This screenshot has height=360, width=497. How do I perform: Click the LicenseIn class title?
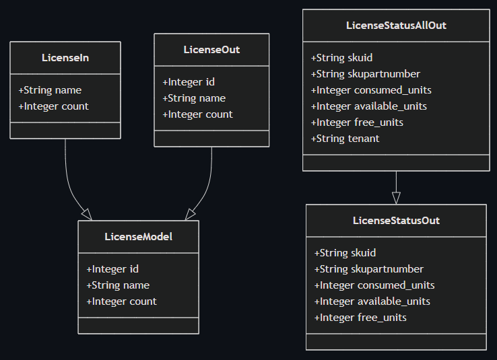point(65,58)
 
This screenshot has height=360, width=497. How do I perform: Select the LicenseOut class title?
point(211,50)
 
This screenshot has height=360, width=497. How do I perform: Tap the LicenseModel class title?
point(138,237)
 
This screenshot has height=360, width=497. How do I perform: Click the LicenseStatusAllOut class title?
point(396,26)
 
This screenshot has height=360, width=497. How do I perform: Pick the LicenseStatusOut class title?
point(396,221)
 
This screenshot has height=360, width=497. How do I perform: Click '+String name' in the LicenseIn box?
point(50,90)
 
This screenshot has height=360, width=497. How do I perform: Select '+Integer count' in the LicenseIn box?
point(53,106)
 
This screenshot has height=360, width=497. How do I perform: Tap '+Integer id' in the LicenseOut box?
point(189,82)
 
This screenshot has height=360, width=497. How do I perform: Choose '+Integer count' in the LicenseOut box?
point(197,114)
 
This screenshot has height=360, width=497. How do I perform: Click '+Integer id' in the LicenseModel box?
point(112,269)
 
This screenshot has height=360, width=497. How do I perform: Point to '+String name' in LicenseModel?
point(118,285)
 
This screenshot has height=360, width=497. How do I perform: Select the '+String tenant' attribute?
point(345,139)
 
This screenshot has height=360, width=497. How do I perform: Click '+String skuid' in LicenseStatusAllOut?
point(341,58)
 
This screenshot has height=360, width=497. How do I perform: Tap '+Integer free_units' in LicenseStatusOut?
point(360,318)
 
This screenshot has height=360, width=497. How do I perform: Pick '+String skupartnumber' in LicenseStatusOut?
point(368,269)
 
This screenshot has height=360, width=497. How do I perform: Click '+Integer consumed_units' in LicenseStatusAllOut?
point(371,90)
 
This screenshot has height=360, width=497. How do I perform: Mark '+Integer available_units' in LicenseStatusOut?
point(372,301)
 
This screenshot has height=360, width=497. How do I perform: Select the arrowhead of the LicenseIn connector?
point(86,214)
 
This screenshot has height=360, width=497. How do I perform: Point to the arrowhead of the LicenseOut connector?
point(191,214)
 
